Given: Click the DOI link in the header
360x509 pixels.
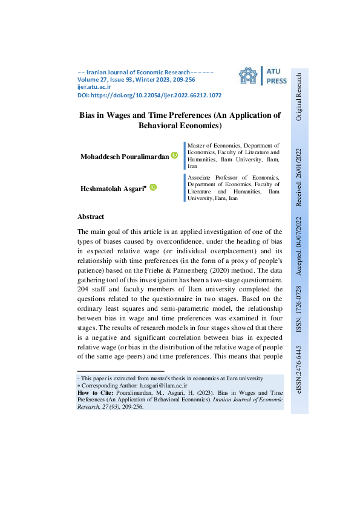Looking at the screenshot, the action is [149, 96].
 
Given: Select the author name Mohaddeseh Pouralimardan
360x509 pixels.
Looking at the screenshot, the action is [125, 157].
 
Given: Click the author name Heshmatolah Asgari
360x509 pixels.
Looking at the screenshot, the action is [113, 189].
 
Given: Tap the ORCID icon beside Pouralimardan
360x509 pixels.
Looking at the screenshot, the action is [174, 156].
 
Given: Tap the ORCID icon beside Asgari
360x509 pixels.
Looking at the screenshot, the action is [153, 188].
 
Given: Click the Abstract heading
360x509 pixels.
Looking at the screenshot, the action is [91, 216].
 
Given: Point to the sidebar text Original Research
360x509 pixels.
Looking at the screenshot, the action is [298, 97].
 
